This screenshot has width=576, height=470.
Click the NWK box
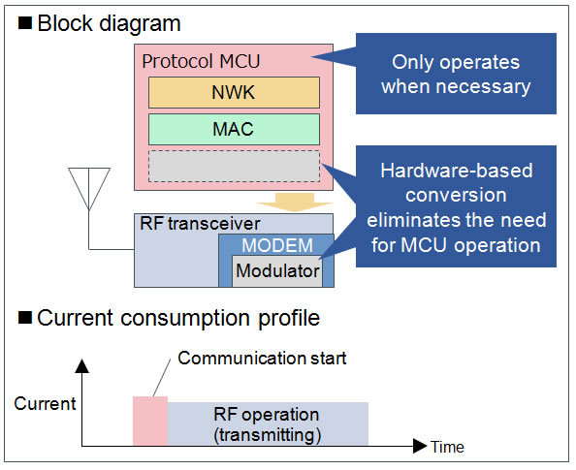click(234, 92)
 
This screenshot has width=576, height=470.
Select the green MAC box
click(234, 129)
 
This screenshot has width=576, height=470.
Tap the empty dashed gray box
click(234, 166)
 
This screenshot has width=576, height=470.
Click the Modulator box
click(277, 271)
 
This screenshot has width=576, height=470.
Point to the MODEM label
click(277, 245)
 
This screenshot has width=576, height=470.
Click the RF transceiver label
click(200, 224)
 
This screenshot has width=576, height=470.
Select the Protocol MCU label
click(201, 61)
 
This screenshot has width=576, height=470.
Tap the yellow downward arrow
click(295, 203)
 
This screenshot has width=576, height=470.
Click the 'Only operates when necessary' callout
click(456, 74)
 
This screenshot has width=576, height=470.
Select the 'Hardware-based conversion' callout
click(456, 206)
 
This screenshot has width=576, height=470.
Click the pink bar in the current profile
click(150, 421)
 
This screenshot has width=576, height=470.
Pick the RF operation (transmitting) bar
click(269, 424)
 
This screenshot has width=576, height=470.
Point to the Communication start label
click(262, 358)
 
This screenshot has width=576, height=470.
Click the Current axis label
click(45, 403)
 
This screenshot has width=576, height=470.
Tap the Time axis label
click(447, 447)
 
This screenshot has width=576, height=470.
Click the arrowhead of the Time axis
click(420, 446)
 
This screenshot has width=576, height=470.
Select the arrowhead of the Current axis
click(81, 365)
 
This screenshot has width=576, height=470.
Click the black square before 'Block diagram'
click(25, 22)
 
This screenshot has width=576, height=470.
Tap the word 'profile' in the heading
click(289, 318)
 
